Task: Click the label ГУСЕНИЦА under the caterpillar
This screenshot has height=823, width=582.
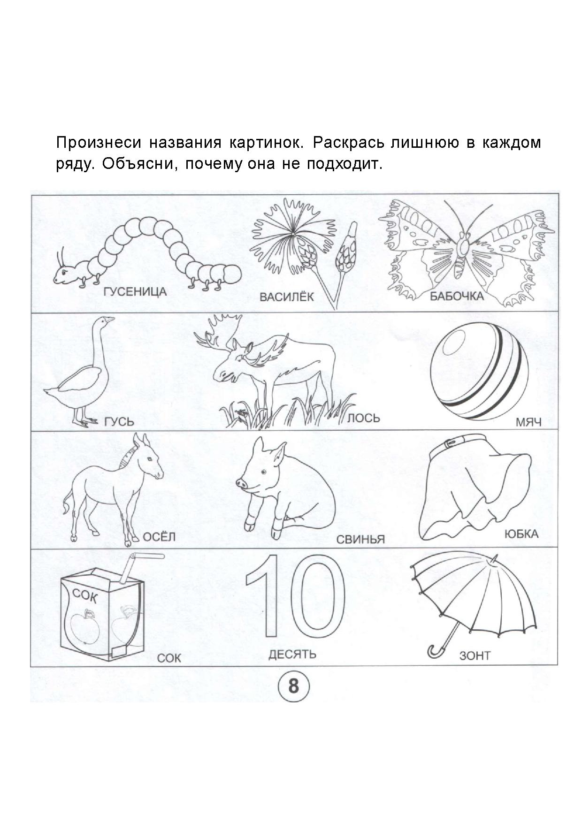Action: pyautogui.click(x=135, y=292)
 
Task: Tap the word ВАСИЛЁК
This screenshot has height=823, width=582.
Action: pyautogui.click(x=286, y=297)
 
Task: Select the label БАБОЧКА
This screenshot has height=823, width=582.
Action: pyautogui.click(x=456, y=296)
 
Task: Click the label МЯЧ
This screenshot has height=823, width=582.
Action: pyautogui.click(x=528, y=422)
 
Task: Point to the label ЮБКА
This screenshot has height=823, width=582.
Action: pyautogui.click(x=521, y=534)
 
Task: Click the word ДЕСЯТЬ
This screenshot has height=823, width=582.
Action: pyautogui.click(x=292, y=654)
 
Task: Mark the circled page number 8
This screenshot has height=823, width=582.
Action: pyautogui.click(x=293, y=686)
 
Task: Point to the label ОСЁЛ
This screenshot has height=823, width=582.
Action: pyautogui.click(x=159, y=536)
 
